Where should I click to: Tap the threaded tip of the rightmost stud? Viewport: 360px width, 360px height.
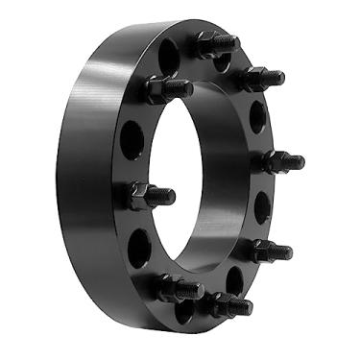(x=298, y=161)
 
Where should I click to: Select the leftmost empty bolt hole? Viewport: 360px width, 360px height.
(x=132, y=141)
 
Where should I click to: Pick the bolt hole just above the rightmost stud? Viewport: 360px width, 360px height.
(x=257, y=117)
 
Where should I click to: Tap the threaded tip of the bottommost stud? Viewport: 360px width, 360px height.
(x=247, y=309)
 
